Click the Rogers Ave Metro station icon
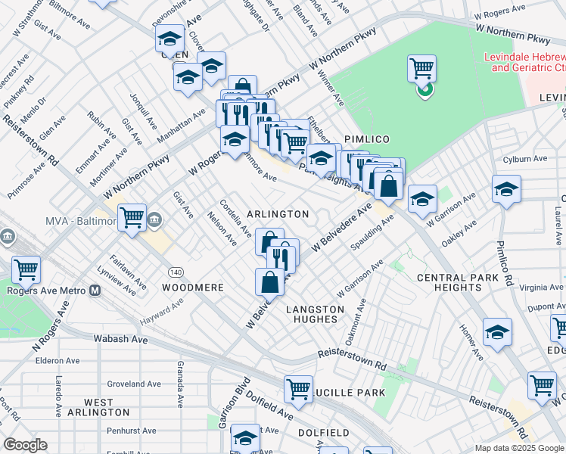click(x=95, y=290)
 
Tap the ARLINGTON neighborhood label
click(x=278, y=215)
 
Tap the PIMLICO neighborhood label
click(x=367, y=139)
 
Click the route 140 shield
click(x=176, y=272)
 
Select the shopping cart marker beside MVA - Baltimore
click(x=132, y=218)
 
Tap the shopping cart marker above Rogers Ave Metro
click(x=26, y=269)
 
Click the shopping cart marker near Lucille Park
click(x=299, y=390)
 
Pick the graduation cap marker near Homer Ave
click(x=497, y=332)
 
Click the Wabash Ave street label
click(x=120, y=340)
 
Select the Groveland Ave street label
click(x=134, y=384)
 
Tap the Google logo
click(x=26, y=445)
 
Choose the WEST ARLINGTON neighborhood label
click(x=97, y=407)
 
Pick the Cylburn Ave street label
click(x=524, y=159)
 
